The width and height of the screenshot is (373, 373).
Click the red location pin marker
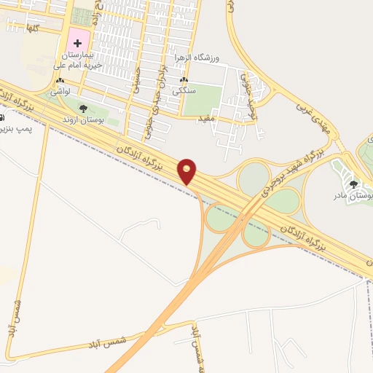(x=187, y=171)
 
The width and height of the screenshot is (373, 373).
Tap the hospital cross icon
(x=79, y=43)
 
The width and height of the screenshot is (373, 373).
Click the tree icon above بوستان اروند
(x=83, y=109)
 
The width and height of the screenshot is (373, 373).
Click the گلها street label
(x=32, y=27)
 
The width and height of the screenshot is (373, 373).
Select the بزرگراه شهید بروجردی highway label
(x=280, y=174)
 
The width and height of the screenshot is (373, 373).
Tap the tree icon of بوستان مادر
(x=356, y=184)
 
